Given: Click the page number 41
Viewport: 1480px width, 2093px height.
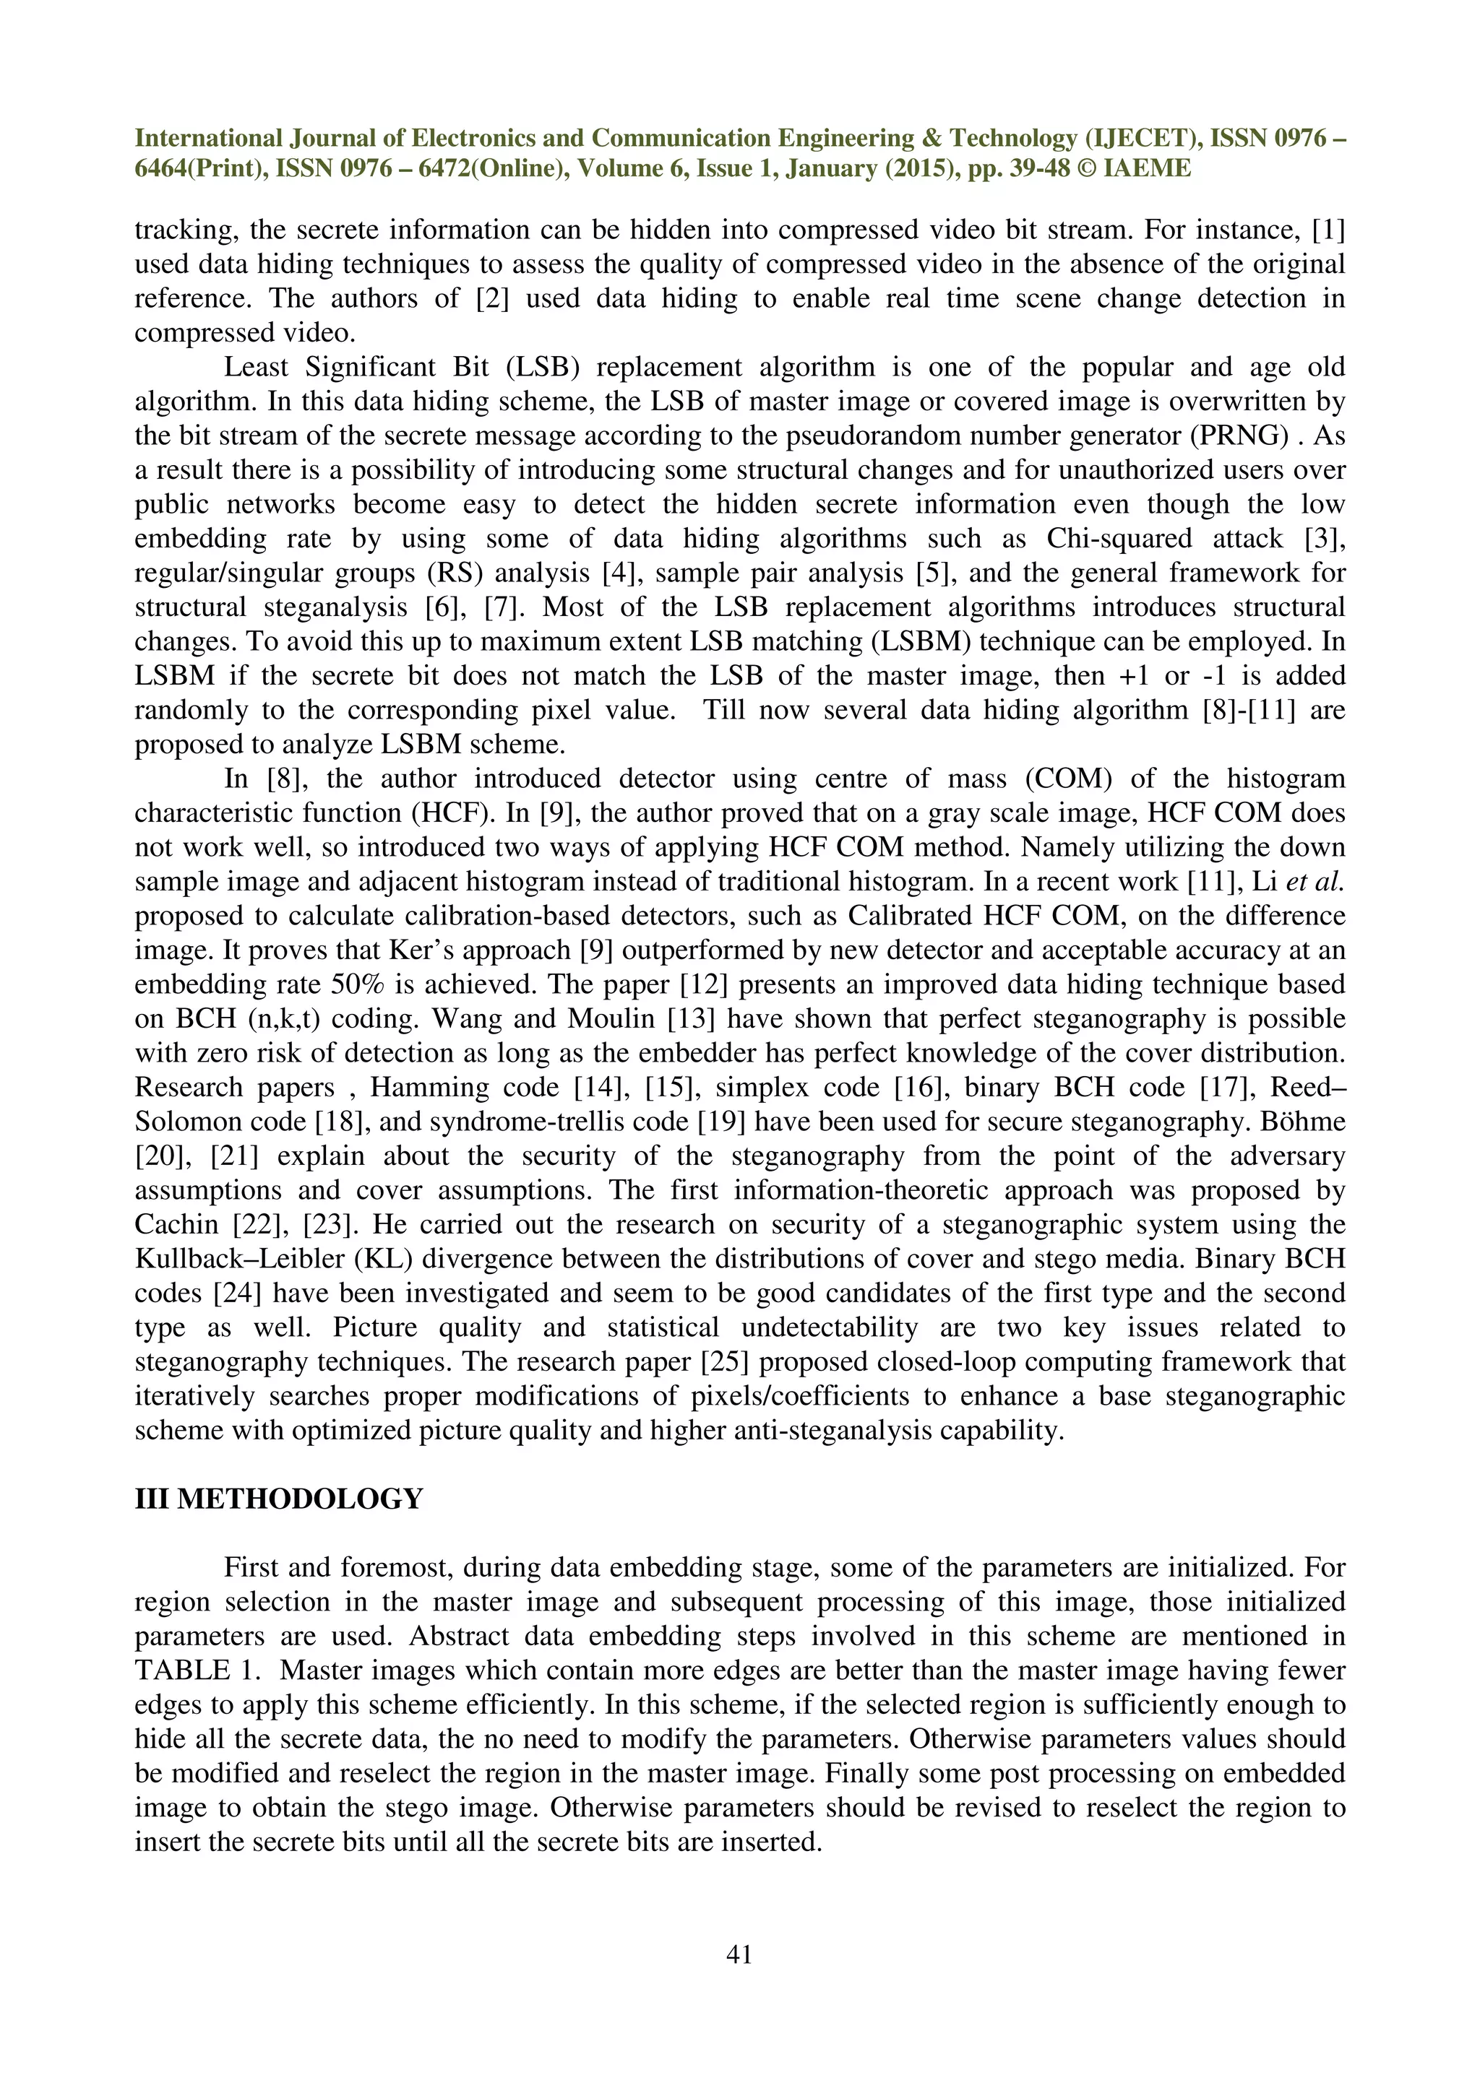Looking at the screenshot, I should pos(739,1954).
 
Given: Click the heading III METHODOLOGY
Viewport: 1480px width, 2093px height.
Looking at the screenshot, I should pos(278,1499).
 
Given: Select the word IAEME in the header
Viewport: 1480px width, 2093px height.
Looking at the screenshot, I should pos(1146,169).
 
